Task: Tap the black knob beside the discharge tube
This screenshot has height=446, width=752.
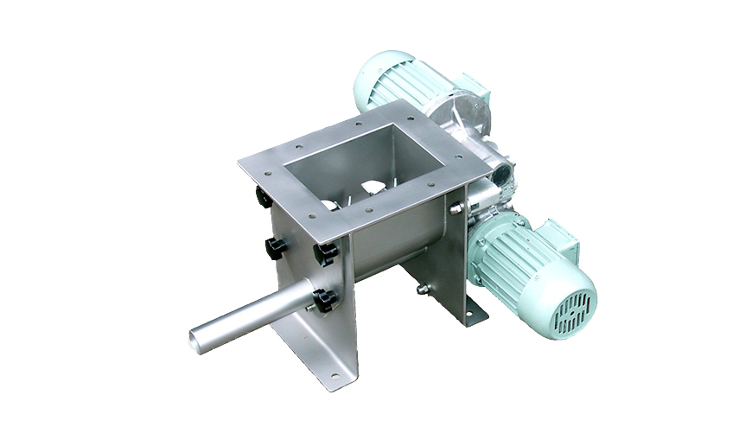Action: [325, 300]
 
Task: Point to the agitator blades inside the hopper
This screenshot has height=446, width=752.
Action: [372, 189]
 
